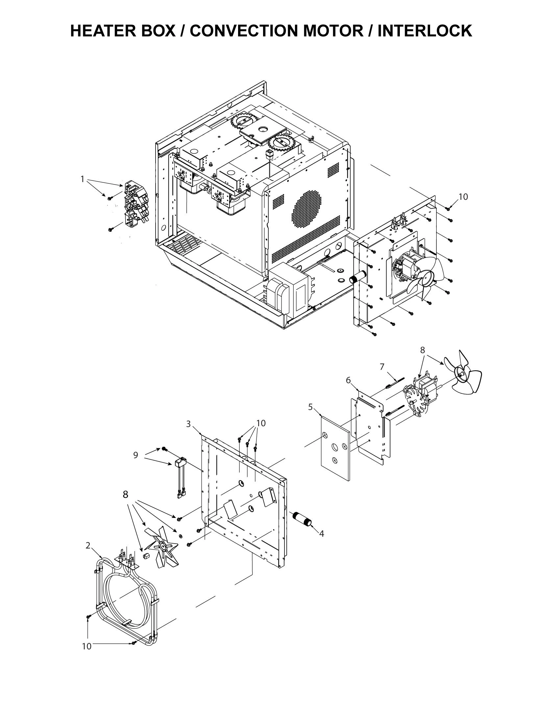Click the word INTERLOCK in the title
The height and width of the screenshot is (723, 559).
(x=425, y=31)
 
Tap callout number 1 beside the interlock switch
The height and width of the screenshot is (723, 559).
(x=83, y=179)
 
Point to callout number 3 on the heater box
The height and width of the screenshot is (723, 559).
(x=188, y=424)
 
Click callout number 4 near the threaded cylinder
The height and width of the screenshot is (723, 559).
(x=321, y=534)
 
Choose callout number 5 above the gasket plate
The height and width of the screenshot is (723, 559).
(x=310, y=407)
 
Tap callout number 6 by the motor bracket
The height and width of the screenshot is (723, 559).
(x=348, y=380)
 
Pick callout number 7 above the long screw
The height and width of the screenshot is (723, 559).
(x=382, y=366)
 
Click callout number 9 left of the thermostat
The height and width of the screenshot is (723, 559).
(x=135, y=455)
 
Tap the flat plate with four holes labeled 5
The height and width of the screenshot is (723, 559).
(x=335, y=449)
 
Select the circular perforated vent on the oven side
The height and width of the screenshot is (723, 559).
(x=306, y=208)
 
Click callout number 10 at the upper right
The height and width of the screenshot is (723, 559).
(x=463, y=197)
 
